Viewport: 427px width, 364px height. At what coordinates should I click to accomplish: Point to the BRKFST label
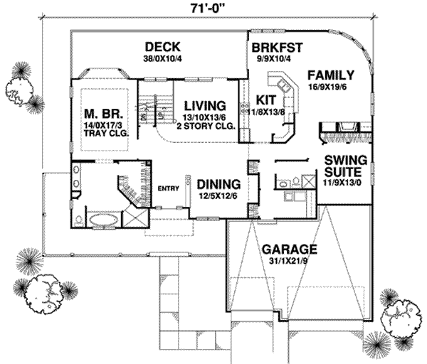[278, 48]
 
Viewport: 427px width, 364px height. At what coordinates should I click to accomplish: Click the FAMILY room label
[331, 74]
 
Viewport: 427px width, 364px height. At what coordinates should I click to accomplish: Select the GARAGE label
[288, 250]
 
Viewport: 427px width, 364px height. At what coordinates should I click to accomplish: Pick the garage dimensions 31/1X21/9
[288, 261]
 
